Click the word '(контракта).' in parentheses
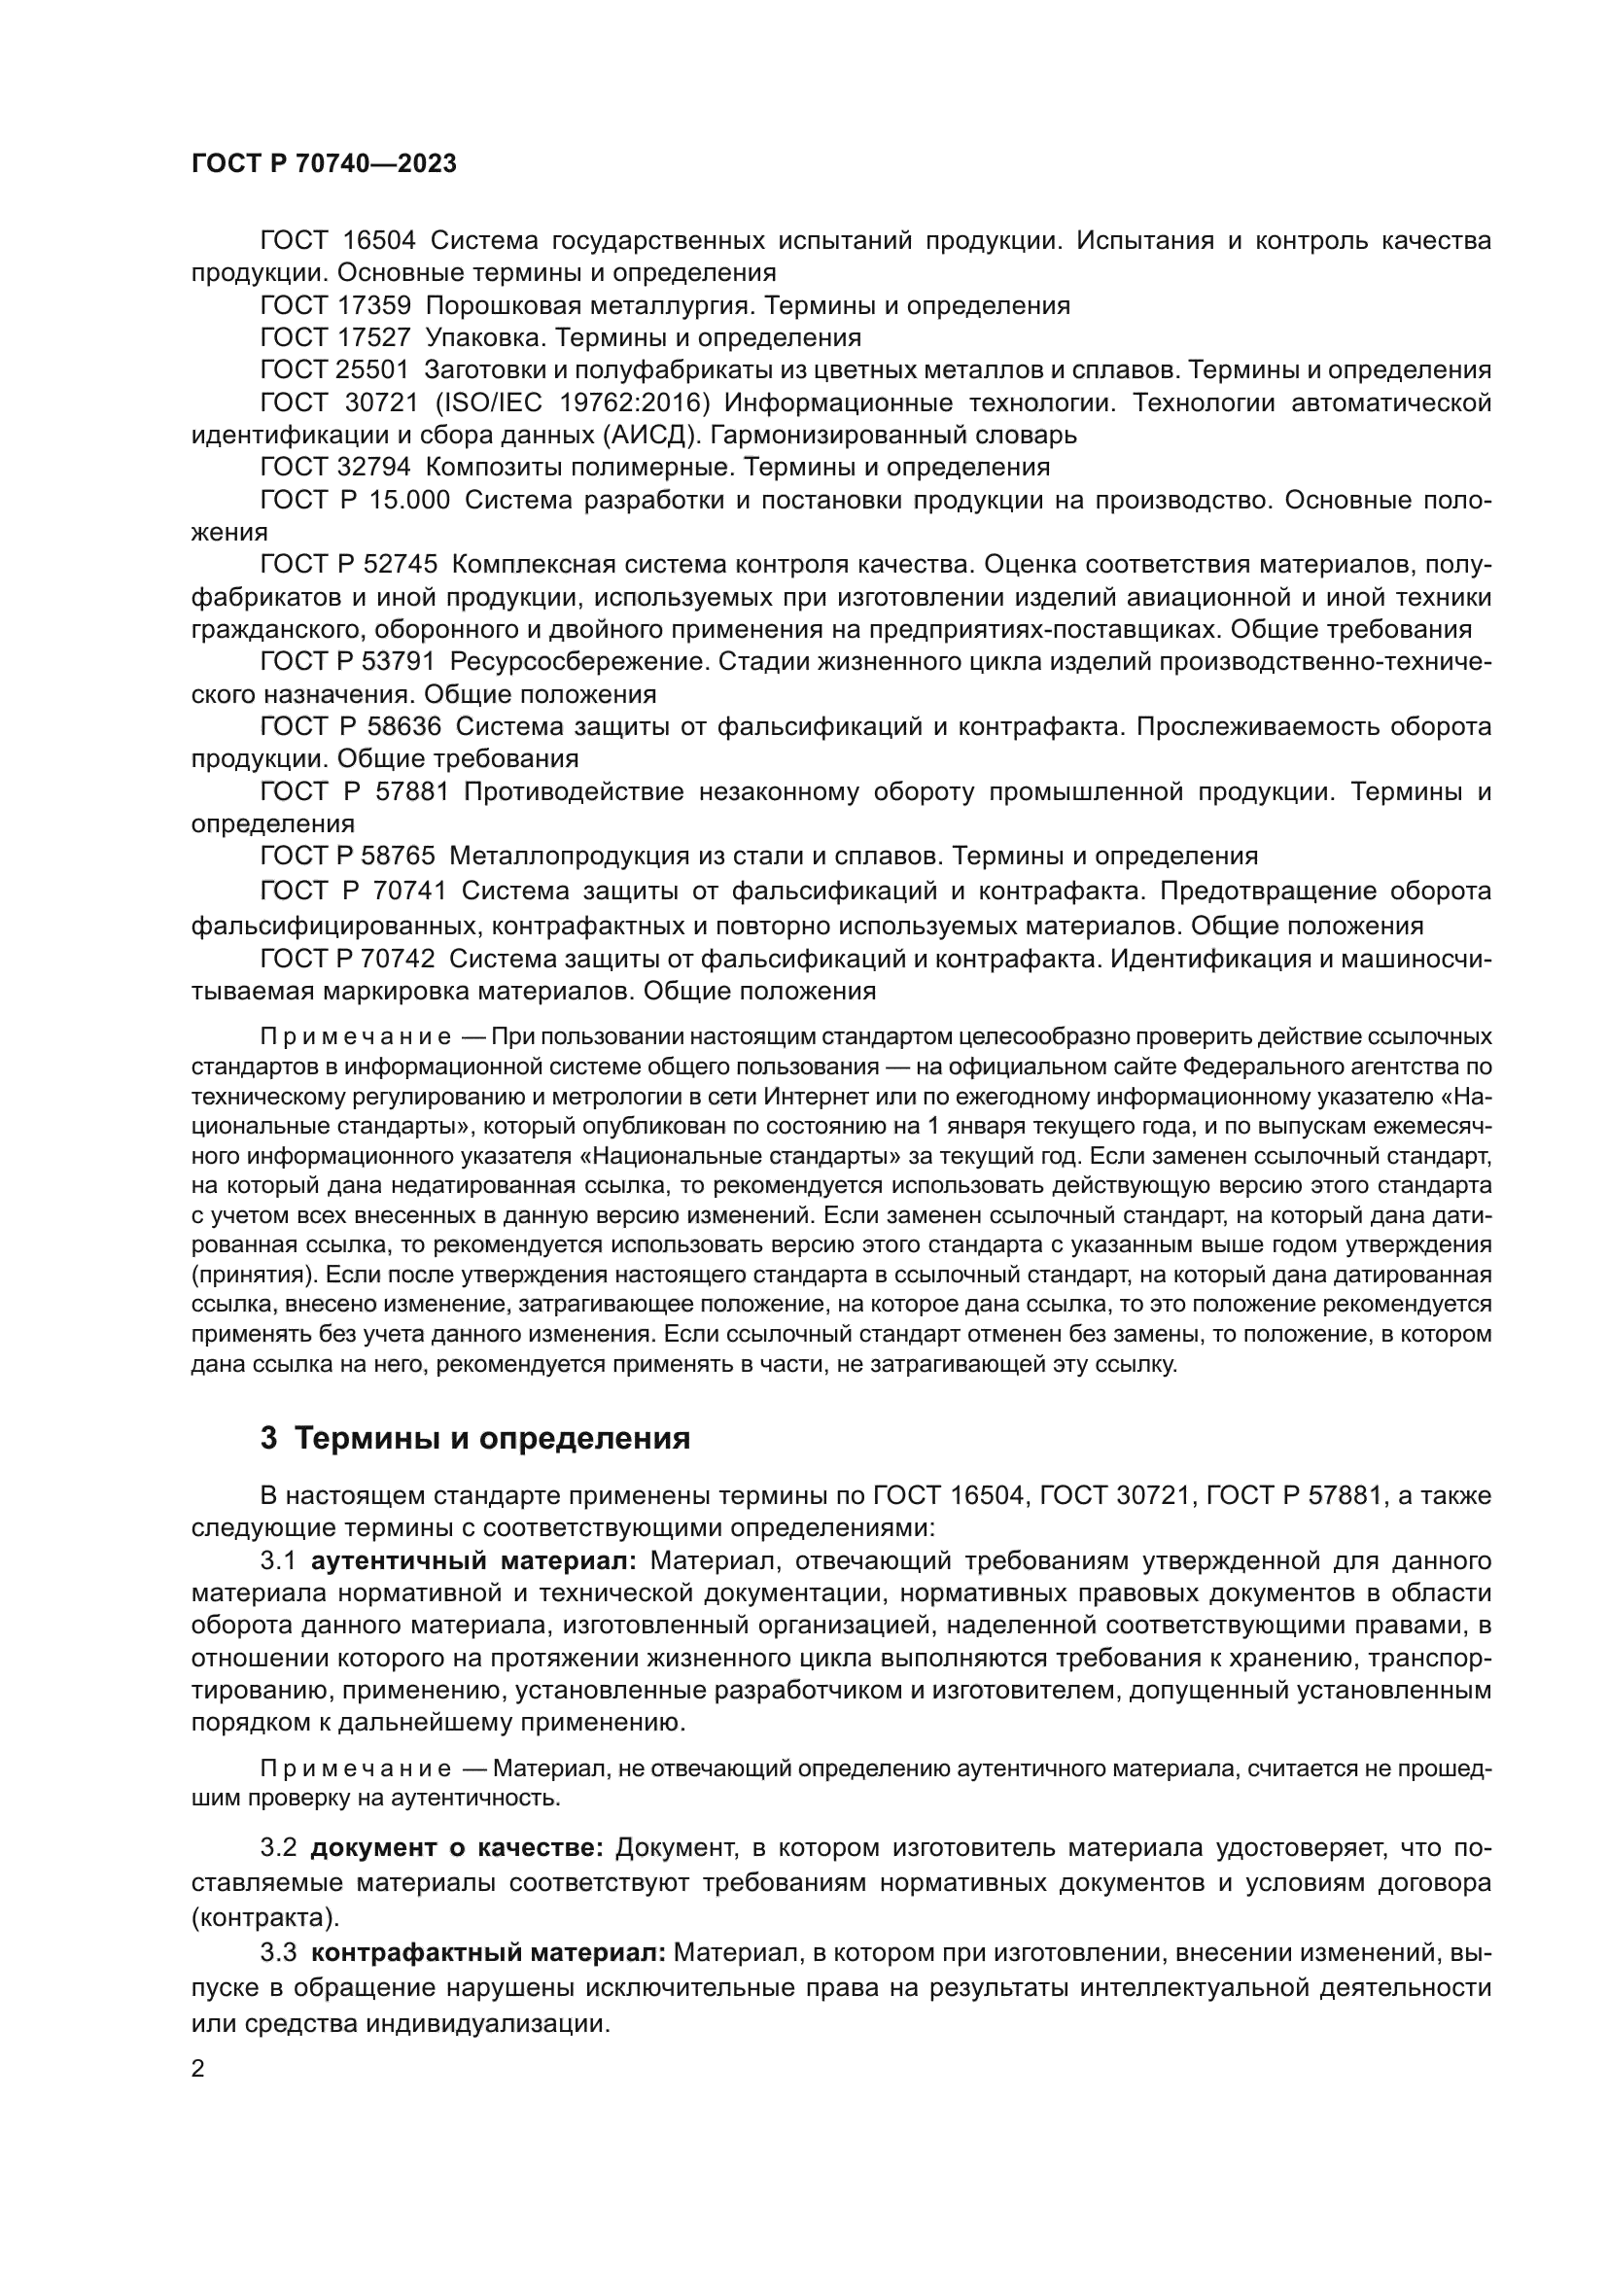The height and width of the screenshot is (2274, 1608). pos(264,1917)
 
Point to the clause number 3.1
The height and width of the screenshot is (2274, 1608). pos(278,1562)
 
